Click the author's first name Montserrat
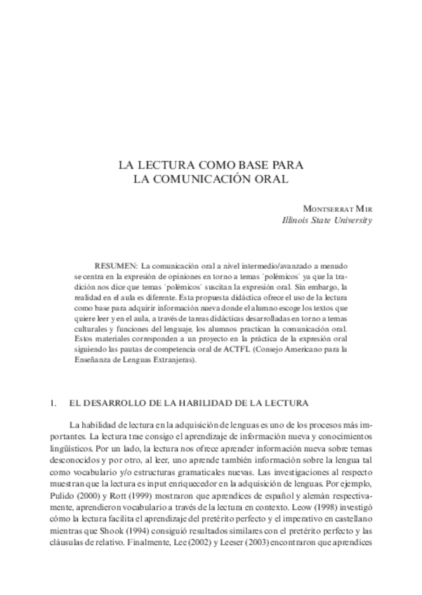coord(329,208)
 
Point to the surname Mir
coord(363,208)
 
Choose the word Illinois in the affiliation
coord(296,220)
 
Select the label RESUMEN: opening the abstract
coord(117,267)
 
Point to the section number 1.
coord(54,403)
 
